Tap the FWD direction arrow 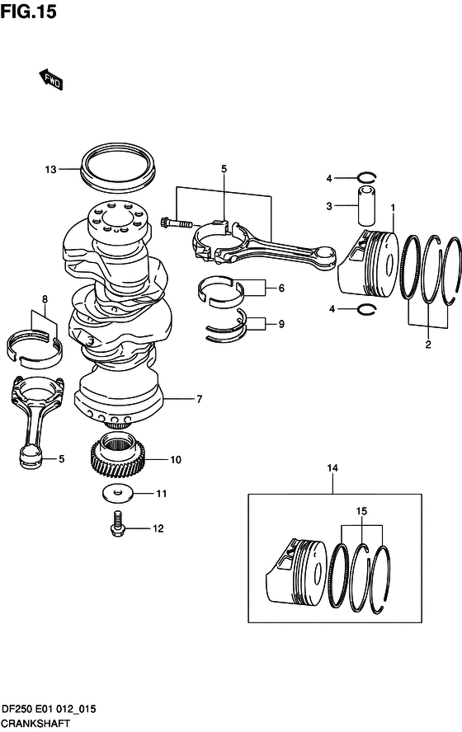[50, 78]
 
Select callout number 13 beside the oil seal [50, 170]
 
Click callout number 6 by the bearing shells [280, 289]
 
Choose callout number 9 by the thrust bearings [280, 324]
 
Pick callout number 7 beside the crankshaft [198, 400]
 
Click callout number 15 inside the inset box [361, 511]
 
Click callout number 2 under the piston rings [427, 345]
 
